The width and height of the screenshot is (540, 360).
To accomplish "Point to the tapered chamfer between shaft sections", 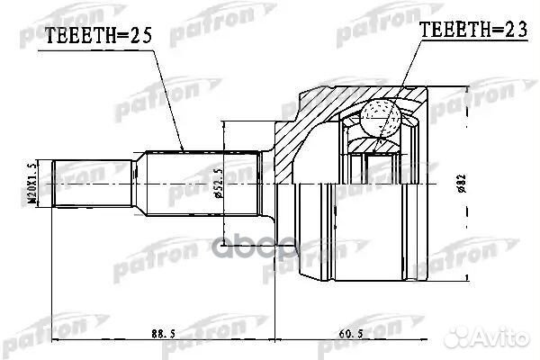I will [x=137, y=183].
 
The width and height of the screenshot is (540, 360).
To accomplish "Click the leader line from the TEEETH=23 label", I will [x=405, y=72].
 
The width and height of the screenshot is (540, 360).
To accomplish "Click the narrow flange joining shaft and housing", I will [x=266, y=183].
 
